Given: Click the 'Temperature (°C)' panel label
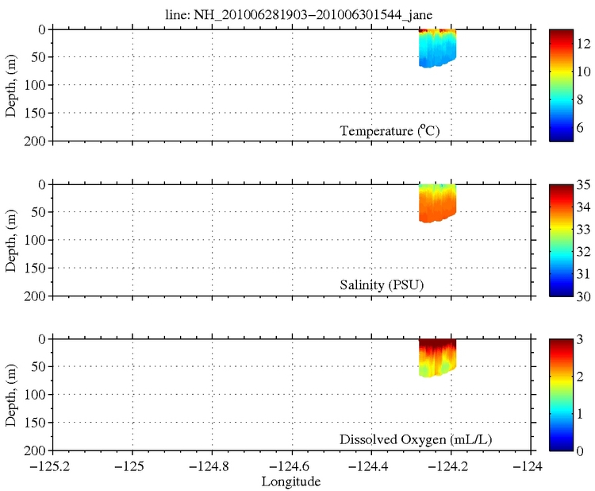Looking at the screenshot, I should click(389, 130).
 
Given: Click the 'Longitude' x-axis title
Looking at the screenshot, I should click(292, 481).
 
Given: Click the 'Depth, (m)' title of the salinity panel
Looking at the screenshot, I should click(11, 240).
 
